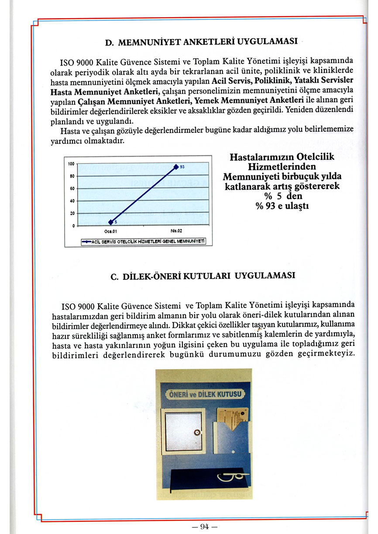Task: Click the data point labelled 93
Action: (176, 167)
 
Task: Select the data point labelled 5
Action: (111, 222)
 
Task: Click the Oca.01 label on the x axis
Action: (110, 232)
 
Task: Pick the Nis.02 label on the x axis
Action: (176, 232)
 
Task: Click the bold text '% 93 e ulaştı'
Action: (282, 206)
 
